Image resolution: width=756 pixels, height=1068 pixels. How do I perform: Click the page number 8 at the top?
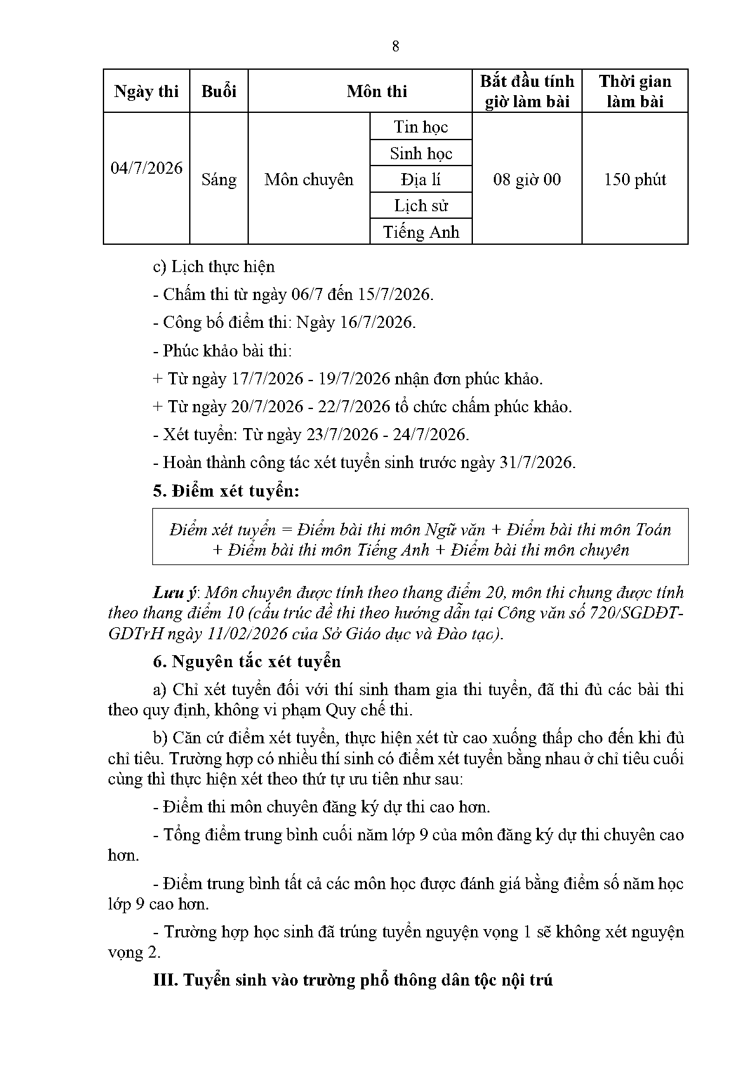(x=395, y=46)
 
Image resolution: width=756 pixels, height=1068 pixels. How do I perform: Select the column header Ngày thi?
(x=146, y=91)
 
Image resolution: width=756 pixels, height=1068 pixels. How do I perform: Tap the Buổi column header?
(x=218, y=91)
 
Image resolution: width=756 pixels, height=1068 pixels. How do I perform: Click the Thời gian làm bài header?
(x=635, y=91)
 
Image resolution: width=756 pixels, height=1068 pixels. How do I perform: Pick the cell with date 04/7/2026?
(x=146, y=168)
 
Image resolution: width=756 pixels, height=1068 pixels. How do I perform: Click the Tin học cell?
(x=421, y=127)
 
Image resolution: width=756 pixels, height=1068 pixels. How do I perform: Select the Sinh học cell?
(x=421, y=153)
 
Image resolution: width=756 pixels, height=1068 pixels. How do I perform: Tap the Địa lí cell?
(x=421, y=179)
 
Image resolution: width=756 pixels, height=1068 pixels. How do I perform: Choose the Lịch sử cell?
(x=421, y=205)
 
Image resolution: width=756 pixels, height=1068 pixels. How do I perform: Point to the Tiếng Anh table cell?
(x=421, y=232)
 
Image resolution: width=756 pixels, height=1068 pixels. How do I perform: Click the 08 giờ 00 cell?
(x=527, y=179)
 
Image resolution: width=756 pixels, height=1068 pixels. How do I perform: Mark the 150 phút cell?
(x=635, y=179)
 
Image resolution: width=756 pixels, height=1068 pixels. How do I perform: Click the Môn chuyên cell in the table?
(x=308, y=179)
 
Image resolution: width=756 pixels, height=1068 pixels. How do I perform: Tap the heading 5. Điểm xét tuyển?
(x=226, y=491)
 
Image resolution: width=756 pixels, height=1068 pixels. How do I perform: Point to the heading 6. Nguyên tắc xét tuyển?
(x=247, y=661)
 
